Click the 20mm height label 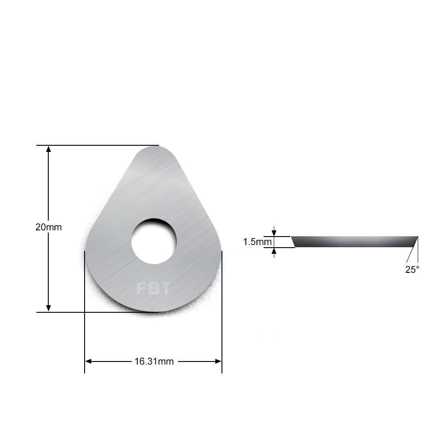(x=48, y=227)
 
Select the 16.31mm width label (x=154, y=361)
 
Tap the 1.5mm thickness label (x=257, y=242)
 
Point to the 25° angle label (x=412, y=269)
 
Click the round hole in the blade (x=154, y=241)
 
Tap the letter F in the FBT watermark (x=141, y=289)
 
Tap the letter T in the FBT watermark (x=165, y=289)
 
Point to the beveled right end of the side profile (x=414, y=241)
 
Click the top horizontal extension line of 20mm (x=97, y=145)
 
